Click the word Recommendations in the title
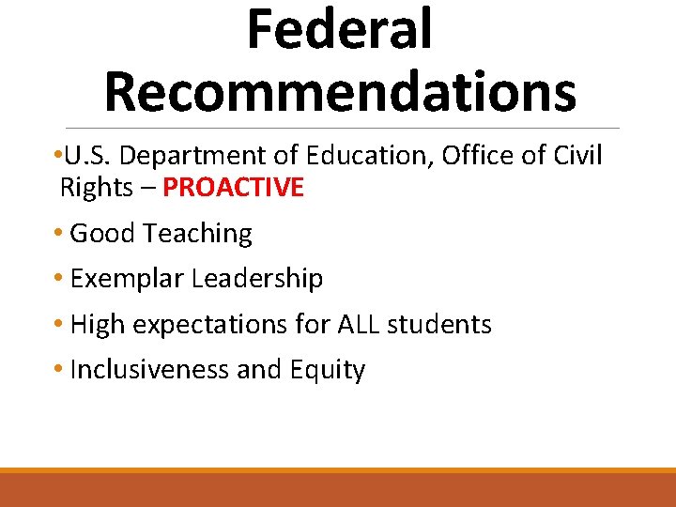(x=339, y=91)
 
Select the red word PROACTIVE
(x=233, y=188)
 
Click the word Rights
(x=96, y=188)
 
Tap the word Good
(x=100, y=234)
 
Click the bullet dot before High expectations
(x=60, y=325)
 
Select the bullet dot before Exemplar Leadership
(x=60, y=279)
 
